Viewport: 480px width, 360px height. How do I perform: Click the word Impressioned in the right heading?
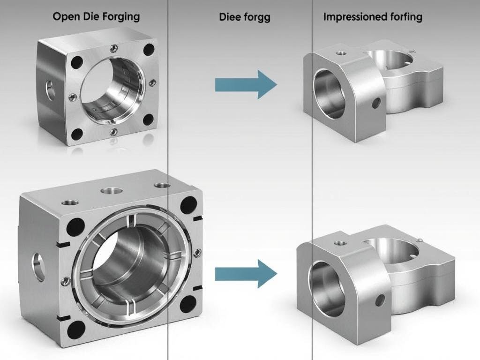[x=353, y=17]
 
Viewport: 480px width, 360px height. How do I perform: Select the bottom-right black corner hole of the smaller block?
[x=149, y=120]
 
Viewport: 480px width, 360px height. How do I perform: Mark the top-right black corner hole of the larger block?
[x=188, y=205]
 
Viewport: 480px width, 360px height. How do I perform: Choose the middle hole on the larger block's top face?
[x=112, y=191]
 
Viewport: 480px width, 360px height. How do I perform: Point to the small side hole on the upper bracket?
[x=376, y=103]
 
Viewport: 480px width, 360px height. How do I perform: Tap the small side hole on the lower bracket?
[x=380, y=300]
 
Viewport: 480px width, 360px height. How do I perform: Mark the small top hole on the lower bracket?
[x=340, y=243]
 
